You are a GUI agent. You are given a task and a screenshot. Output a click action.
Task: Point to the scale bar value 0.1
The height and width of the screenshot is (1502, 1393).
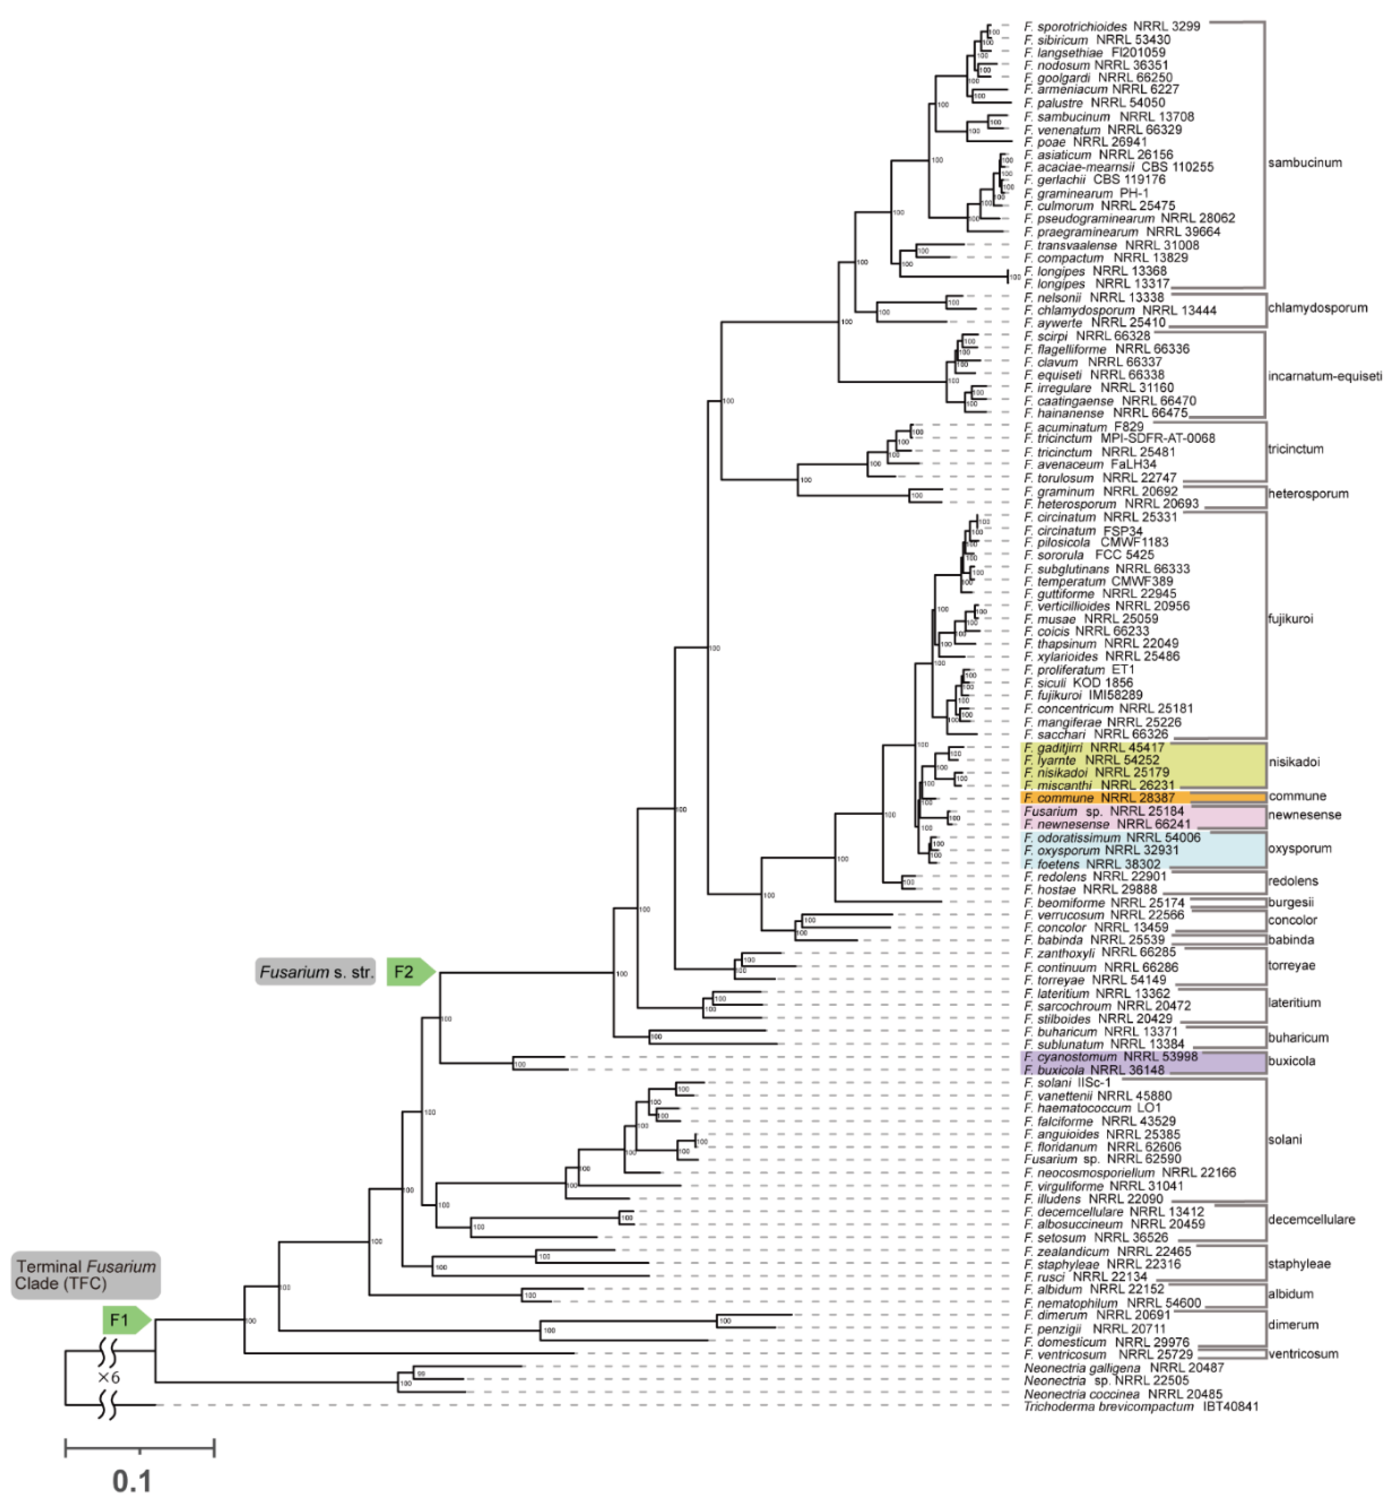(x=133, y=1481)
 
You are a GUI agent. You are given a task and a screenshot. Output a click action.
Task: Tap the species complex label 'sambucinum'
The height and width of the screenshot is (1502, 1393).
(x=1305, y=163)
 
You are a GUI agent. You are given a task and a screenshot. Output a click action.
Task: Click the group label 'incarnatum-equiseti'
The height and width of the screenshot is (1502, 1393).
(x=1324, y=376)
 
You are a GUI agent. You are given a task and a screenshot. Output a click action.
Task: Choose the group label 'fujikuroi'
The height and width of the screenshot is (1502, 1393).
(x=1290, y=619)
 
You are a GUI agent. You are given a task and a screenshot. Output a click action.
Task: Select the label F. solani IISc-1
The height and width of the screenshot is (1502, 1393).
(x=1068, y=1082)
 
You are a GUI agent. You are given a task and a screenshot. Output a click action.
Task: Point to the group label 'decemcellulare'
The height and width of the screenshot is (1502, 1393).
(x=1311, y=1218)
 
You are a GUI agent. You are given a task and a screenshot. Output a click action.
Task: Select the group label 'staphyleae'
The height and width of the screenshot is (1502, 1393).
(x=1299, y=1264)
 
